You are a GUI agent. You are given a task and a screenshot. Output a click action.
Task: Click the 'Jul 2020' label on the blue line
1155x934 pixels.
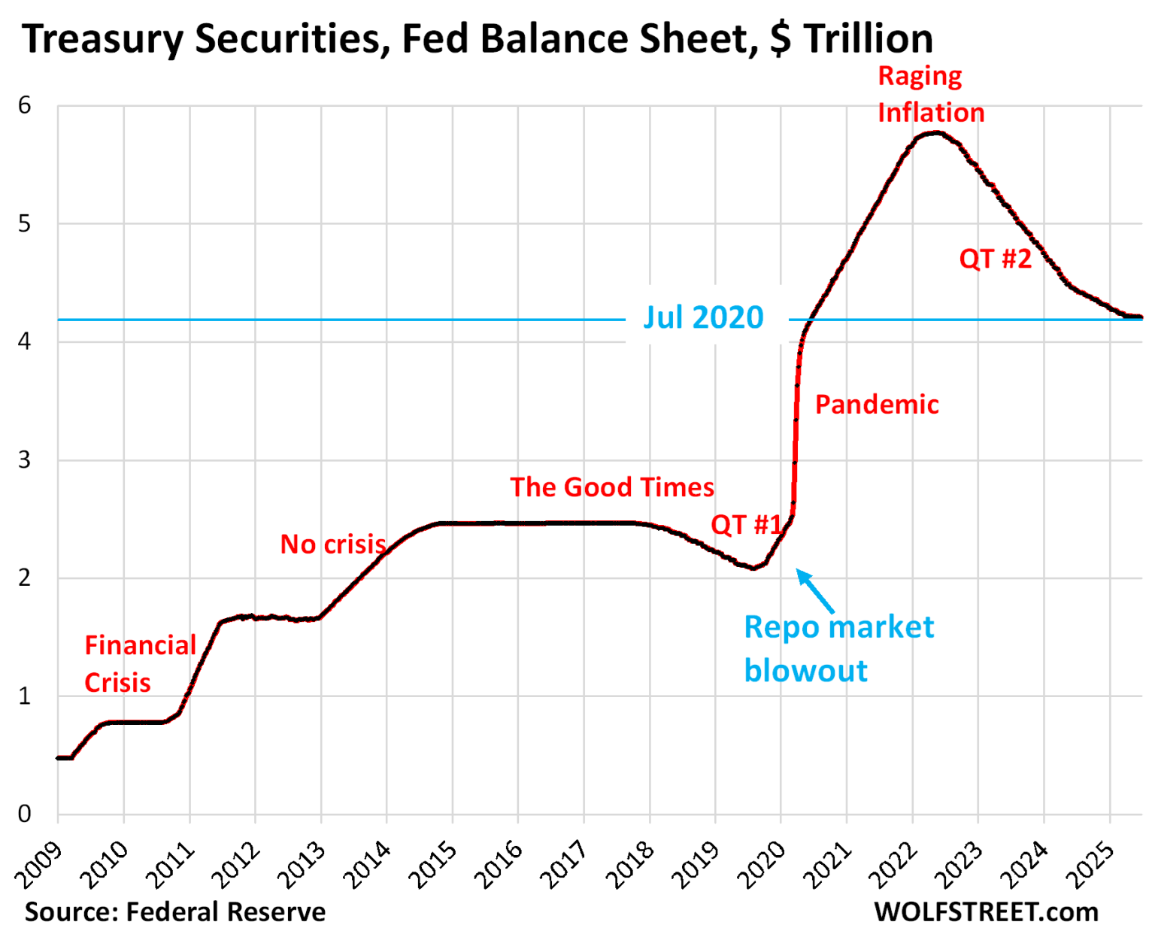pos(703,317)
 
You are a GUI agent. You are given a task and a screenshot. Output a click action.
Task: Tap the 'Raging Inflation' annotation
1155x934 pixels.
pos(930,95)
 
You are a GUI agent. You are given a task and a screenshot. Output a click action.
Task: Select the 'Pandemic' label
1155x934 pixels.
pos(877,405)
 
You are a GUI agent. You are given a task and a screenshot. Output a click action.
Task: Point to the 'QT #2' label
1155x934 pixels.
pos(995,259)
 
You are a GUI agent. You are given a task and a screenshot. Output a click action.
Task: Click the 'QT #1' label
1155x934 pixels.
pos(746,524)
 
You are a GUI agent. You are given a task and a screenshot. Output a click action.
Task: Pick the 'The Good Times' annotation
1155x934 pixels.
pos(612,487)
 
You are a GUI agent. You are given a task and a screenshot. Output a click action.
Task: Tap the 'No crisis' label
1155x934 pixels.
pos(333,544)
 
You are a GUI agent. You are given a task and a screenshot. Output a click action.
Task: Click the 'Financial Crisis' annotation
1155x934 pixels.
pos(140,663)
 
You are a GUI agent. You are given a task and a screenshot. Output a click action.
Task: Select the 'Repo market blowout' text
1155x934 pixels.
pos(838,648)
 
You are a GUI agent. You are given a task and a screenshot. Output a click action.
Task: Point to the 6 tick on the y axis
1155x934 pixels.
pos(25,105)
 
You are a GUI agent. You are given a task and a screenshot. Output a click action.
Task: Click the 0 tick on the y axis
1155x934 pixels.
pos(25,814)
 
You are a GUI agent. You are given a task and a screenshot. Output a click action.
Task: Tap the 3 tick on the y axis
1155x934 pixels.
pos(25,459)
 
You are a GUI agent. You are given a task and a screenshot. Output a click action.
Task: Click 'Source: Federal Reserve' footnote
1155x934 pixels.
pos(175,911)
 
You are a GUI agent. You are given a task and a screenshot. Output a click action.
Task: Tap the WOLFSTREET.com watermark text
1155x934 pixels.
pos(986,911)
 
